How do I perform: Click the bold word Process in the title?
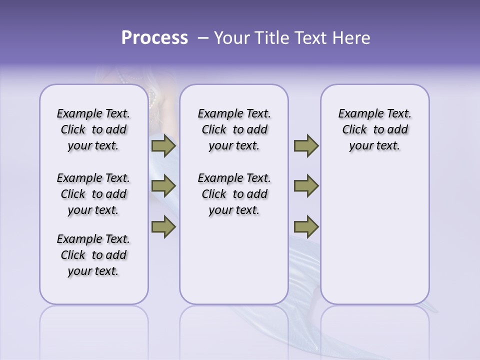154,38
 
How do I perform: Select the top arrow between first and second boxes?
163,146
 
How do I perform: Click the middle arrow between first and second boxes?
163,186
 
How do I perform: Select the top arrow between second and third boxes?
306,146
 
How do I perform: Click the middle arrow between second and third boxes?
306,186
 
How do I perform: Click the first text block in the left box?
93,129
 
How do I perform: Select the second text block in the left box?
93,194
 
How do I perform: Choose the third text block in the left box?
93,255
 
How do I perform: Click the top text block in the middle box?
234,129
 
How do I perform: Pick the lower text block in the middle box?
234,194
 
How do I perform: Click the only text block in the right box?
374,129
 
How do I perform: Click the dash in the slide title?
202,38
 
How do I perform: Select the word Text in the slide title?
309,38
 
